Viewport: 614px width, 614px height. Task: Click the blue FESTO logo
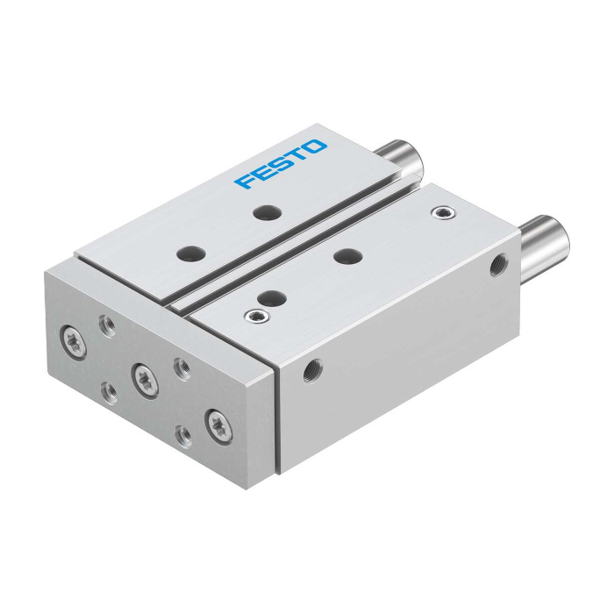click(x=281, y=164)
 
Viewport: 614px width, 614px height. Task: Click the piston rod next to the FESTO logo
click(x=402, y=157)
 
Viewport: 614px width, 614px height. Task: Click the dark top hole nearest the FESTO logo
click(x=268, y=212)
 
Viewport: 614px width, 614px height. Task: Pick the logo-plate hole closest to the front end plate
click(x=191, y=253)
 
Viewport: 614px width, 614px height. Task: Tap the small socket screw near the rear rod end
click(x=444, y=212)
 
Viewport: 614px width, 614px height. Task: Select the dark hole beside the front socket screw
click(x=272, y=298)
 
